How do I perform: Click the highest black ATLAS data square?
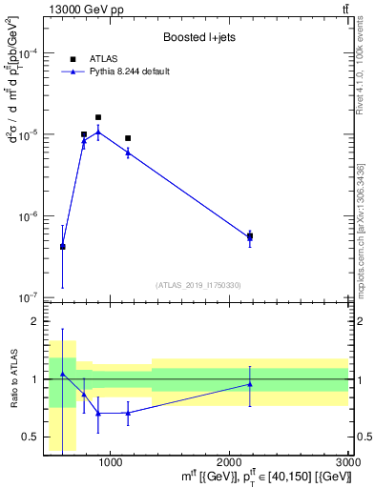coord(98,117)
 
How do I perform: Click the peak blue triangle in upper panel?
coord(98,132)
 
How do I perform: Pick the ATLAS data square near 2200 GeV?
coord(250,236)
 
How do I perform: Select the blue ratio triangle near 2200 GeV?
coord(250,384)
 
